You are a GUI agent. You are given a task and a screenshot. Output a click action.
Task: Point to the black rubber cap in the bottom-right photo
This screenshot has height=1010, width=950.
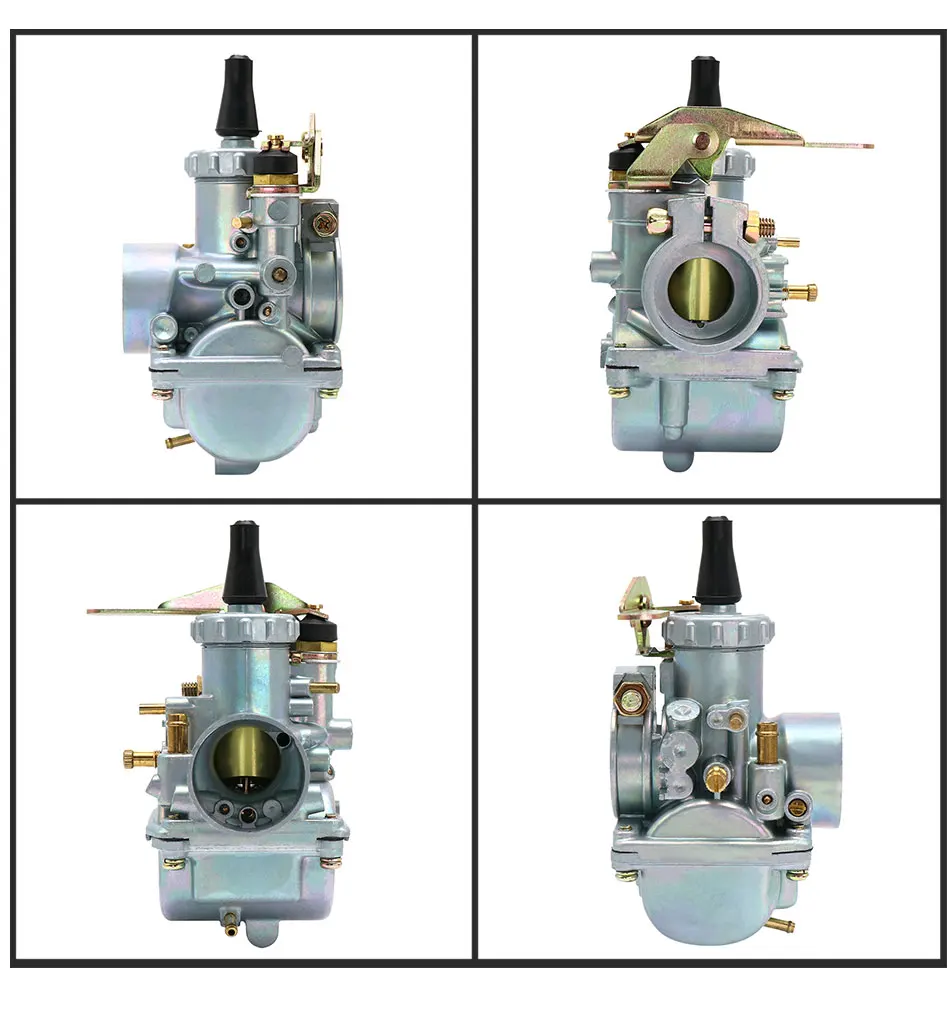pyautogui.click(x=717, y=559)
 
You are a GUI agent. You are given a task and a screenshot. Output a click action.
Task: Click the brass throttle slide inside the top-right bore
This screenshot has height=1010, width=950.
pyautogui.click(x=706, y=289)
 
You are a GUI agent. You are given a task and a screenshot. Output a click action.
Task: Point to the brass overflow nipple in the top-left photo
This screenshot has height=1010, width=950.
pyautogui.click(x=175, y=439)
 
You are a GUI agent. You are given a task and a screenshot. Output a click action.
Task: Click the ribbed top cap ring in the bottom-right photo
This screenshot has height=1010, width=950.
pyautogui.click(x=720, y=630)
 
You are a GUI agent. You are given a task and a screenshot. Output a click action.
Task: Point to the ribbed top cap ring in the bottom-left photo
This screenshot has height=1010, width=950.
pyautogui.click(x=245, y=629)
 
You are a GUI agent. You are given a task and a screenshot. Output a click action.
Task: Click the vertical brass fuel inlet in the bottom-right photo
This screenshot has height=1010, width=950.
pyautogui.click(x=768, y=741)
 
